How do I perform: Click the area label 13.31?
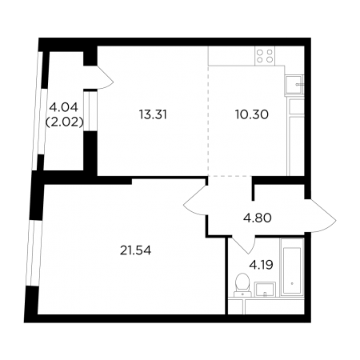pos(153,114)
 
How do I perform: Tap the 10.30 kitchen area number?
pos(252,114)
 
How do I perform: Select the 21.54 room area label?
pos(135,250)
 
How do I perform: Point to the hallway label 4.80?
pos(257,218)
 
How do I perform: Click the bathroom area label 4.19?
pos(261,265)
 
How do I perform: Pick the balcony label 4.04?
pos(64,107)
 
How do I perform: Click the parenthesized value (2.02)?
pos(64,122)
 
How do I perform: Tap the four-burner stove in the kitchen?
pos(265,56)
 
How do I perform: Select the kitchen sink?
pos(294,85)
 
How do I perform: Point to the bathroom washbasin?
pos(265,289)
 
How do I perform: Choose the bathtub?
pos(292,267)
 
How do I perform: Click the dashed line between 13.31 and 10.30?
pos(208,121)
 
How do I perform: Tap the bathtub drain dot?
pos(292,283)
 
